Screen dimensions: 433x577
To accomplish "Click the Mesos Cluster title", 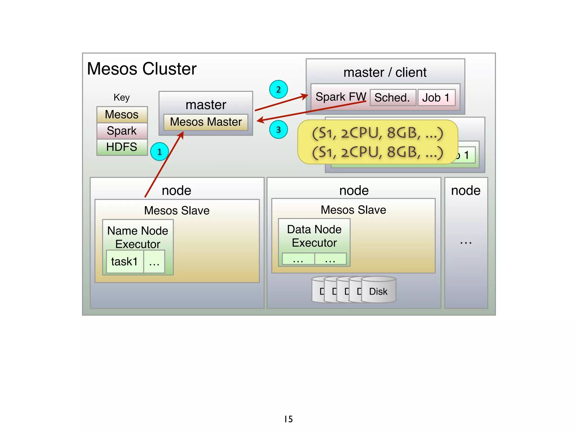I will click(142, 69).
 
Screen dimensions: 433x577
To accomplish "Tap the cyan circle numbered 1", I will click(159, 152).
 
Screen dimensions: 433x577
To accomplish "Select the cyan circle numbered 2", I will click(278, 89).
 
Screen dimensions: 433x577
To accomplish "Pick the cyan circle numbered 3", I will click(278, 130).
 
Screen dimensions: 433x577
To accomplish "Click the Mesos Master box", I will click(206, 122).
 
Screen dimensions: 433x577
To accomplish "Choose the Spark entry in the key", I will click(122, 131).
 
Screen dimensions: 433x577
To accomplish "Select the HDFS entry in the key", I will click(122, 147).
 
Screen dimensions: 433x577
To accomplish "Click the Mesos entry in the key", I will click(122, 114).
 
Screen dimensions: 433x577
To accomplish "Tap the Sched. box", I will click(392, 98).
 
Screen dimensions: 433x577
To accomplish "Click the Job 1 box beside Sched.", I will click(436, 98).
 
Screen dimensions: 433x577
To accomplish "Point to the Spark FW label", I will click(340, 97).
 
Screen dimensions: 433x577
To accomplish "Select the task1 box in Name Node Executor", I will click(125, 262).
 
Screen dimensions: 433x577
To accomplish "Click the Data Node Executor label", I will click(314, 236).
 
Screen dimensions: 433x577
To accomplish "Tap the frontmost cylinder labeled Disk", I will click(378, 291).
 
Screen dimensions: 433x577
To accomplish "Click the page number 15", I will click(288, 419).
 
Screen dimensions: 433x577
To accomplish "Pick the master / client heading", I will click(385, 72).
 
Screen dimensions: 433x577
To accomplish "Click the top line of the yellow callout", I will click(378, 133).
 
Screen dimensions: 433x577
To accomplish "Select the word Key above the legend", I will click(122, 97).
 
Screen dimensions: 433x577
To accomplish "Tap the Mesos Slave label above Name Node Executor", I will click(177, 211).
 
